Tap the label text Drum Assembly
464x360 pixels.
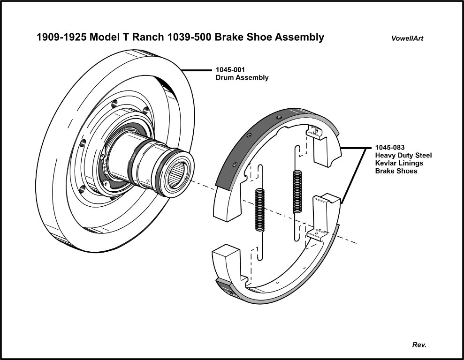click(x=242, y=78)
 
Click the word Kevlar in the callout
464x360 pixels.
click(x=387, y=163)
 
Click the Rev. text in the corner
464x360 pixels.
click(x=419, y=345)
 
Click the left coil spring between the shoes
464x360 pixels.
click(x=259, y=210)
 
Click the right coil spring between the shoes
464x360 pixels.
click(x=297, y=192)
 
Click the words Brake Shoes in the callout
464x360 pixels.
click(x=396, y=171)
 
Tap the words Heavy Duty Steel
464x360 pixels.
click(x=403, y=155)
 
